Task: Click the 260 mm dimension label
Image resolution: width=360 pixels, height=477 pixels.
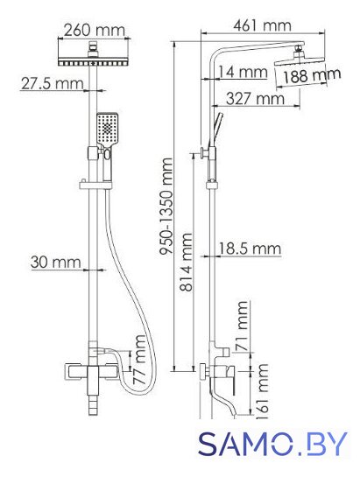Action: coord(95,31)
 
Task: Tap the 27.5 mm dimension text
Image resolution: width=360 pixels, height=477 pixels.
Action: coord(52,83)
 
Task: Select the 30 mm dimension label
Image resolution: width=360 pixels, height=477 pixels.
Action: coord(56,263)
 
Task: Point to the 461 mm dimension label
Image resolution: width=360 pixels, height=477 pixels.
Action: coord(262,25)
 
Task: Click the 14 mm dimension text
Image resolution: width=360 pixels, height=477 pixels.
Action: coord(243,73)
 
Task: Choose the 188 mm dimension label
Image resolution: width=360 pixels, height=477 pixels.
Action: coord(312,76)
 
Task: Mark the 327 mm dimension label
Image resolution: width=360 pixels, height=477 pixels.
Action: coord(255,99)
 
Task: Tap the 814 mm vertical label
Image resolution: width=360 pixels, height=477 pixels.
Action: coord(186,263)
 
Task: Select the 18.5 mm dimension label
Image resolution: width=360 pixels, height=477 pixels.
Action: coord(250,249)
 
